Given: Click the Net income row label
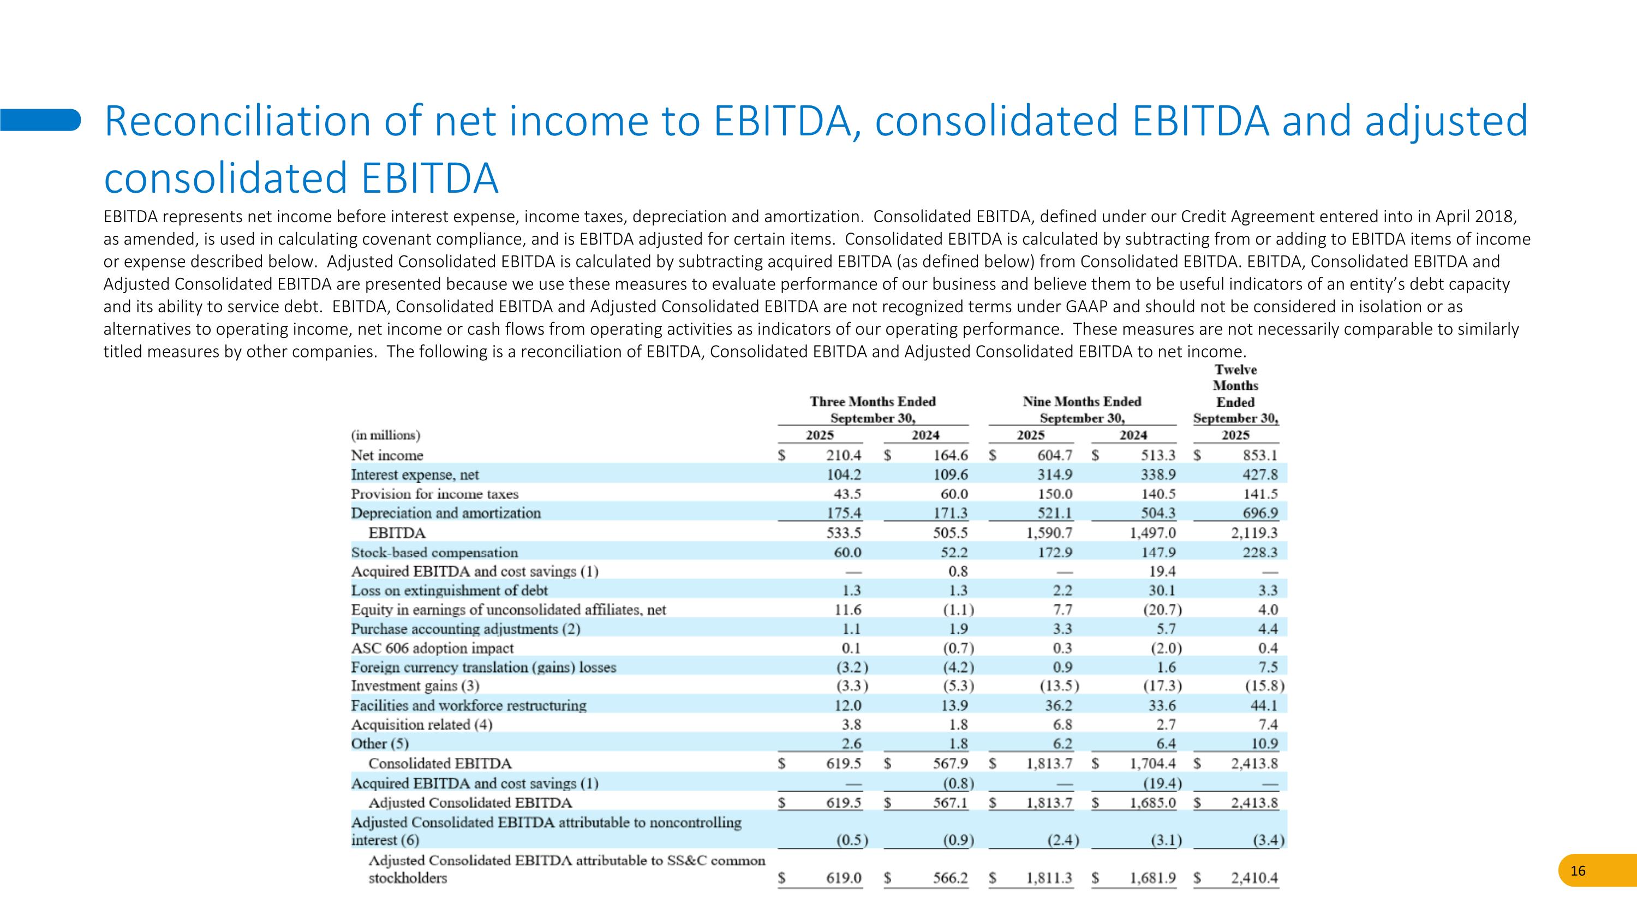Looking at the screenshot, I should [387, 455].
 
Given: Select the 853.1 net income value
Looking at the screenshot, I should [1259, 455].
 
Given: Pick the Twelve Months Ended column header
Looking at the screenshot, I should [1235, 394].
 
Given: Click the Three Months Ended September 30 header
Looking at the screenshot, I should [873, 409].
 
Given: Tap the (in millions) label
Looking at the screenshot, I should [386, 436].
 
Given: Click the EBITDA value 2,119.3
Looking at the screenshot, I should [1254, 533].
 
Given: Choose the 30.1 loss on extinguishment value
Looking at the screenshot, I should [1163, 591].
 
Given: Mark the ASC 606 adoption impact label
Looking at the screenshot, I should [432, 649].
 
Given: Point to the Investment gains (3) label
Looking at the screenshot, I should [415, 686].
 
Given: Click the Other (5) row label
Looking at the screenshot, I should [380, 744].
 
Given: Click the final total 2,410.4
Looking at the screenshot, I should [1254, 878].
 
